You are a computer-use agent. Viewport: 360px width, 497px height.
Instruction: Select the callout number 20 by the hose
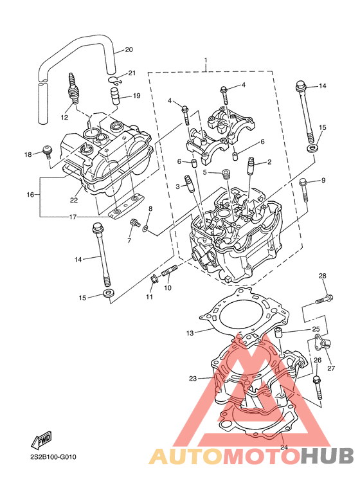pyautogui.click(x=129, y=50)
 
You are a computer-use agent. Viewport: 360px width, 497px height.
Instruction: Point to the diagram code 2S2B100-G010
pyautogui.click(x=53, y=457)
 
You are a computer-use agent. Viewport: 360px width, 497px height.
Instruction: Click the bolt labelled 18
pyautogui.click(x=47, y=151)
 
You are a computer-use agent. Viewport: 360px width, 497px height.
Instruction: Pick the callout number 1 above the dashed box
pyautogui.click(x=206, y=60)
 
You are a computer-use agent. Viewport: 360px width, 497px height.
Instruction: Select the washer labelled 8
pyautogui.click(x=145, y=228)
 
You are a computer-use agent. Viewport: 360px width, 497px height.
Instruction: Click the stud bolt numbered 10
pyautogui.click(x=170, y=271)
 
